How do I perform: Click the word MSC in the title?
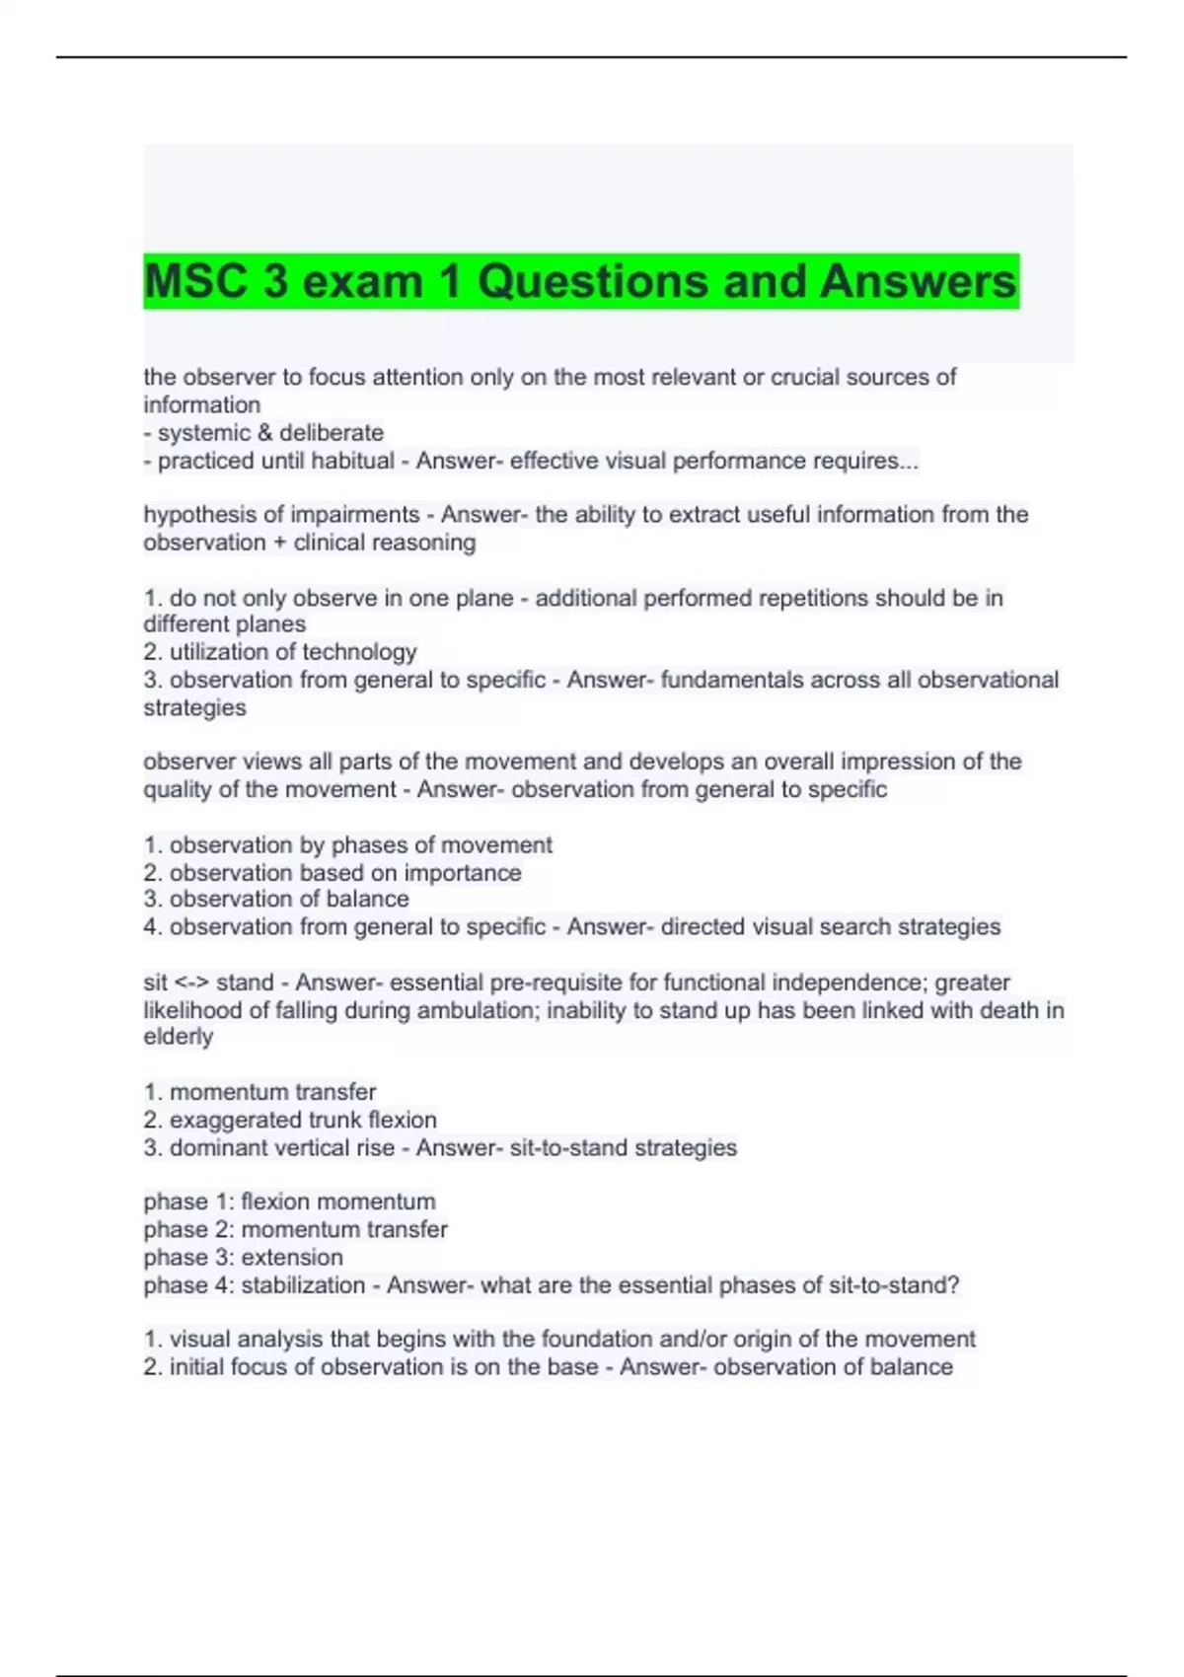[x=195, y=282]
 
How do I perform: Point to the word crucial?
[x=810, y=377]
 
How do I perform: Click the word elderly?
[x=179, y=1037]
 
